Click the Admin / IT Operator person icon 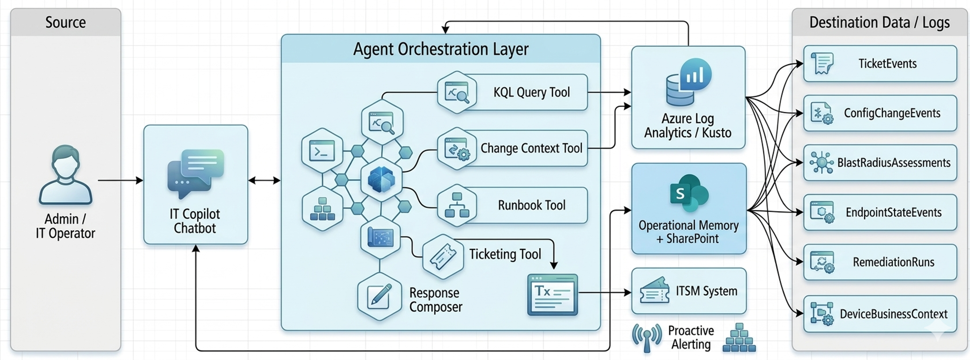coord(65,175)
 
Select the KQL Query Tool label coord(531,92)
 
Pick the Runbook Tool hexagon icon coord(457,205)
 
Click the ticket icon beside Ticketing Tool coord(443,256)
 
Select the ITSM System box coord(688,291)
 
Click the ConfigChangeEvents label coord(892,113)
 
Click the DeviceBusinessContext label coord(893,314)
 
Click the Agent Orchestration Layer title coord(441,49)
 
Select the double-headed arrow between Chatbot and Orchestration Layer coord(264,180)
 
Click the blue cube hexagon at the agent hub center coord(381,179)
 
